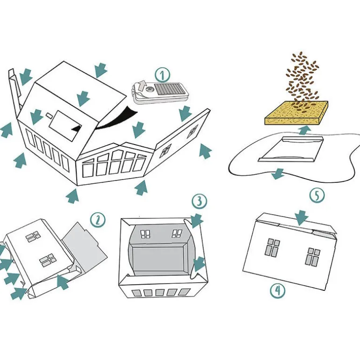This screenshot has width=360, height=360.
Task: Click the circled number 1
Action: (162, 75)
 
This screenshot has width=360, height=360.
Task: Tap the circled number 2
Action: (98, 220)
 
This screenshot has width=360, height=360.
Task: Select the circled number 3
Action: (199, 201)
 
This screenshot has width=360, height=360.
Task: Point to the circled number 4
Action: (278, 291)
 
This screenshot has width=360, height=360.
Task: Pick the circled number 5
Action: (317, 195)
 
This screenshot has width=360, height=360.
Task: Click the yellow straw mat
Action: (296, 113)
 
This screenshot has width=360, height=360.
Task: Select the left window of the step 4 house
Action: (273, 247)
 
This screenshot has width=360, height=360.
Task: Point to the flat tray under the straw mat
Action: (291, 149)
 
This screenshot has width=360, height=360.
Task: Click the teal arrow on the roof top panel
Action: (83, 99)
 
